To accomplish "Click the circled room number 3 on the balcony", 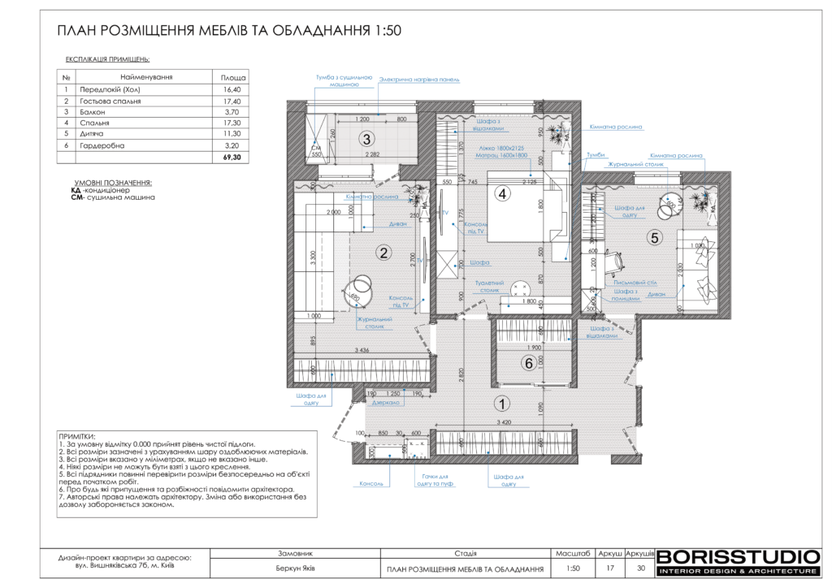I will (x=367, y=138).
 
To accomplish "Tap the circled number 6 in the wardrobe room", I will (x=528, y=364).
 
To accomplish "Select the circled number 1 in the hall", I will (x=502, y=402).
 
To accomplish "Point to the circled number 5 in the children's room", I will (x=655, y=238).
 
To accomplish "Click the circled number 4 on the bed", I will (x=503, y=194).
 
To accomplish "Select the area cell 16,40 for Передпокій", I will (x=231, y=89).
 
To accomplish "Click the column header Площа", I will (x=231, y=76).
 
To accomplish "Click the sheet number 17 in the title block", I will (x=609, y=569).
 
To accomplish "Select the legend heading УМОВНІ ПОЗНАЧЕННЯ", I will (x=113, y=184).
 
